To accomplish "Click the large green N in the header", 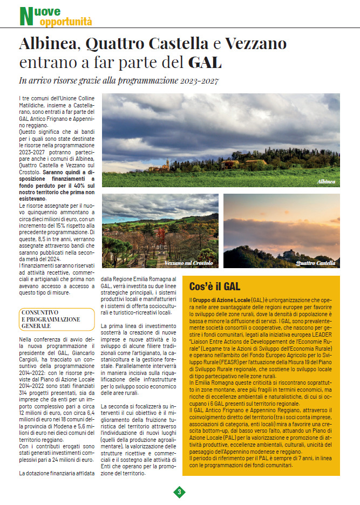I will pos(25,16).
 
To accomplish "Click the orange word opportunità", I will pos(66,22).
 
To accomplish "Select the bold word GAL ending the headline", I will pos(205,62).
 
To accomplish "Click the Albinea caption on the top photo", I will pos(326,182).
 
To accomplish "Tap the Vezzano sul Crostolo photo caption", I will pos(189,263).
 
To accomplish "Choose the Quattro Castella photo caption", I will pos(316,263).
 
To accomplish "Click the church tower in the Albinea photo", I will pos(168,162).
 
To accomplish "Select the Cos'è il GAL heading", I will pos(215,286).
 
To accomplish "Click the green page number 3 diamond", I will pos(179,492).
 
